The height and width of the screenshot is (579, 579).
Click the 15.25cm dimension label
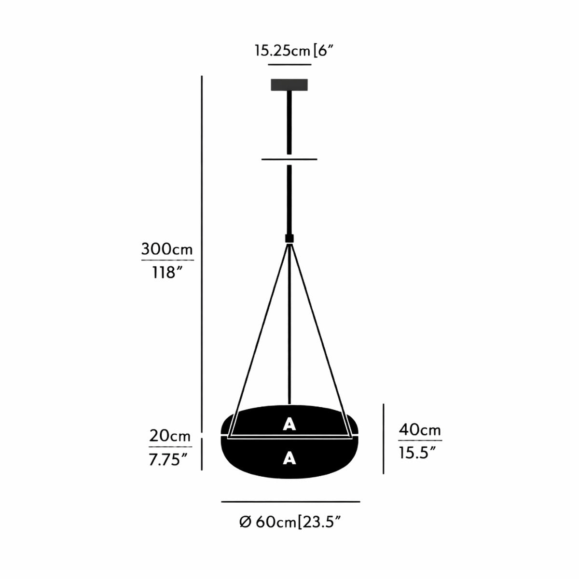tap(282, 51)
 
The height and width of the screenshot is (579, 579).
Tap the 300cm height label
tap(167, 249)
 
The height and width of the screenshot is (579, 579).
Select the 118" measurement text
tap(167, 273)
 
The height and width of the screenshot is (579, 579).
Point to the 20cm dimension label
tap(170, 436)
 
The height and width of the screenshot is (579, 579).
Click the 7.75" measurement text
tap(168, 460)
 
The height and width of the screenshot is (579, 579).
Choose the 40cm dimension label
tap(420, 430)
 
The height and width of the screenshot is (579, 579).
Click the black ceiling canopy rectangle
tap(289, 85)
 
